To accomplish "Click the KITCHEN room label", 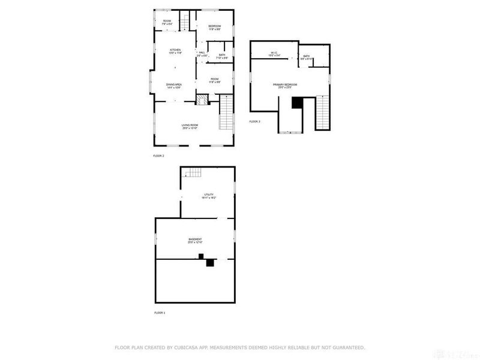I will point(175,50).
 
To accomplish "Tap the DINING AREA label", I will point(175,85).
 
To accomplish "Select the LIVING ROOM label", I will point(190,125).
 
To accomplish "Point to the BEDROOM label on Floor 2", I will point(215,26).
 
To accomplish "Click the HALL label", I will point(202,52).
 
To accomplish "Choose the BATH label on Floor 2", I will point(222,55).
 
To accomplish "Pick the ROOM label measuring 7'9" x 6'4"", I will point(167,22).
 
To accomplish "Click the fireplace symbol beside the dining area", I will point(203,100).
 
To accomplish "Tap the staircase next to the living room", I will point(227,115).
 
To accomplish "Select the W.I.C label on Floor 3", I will point(274,53).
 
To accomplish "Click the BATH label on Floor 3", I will point(307,56).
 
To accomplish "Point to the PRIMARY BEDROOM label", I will point(285,85).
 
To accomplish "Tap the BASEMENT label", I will point(195,239).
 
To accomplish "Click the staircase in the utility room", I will point(192,174).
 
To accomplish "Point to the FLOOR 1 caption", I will point(160,313).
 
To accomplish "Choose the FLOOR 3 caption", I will point(255,121).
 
